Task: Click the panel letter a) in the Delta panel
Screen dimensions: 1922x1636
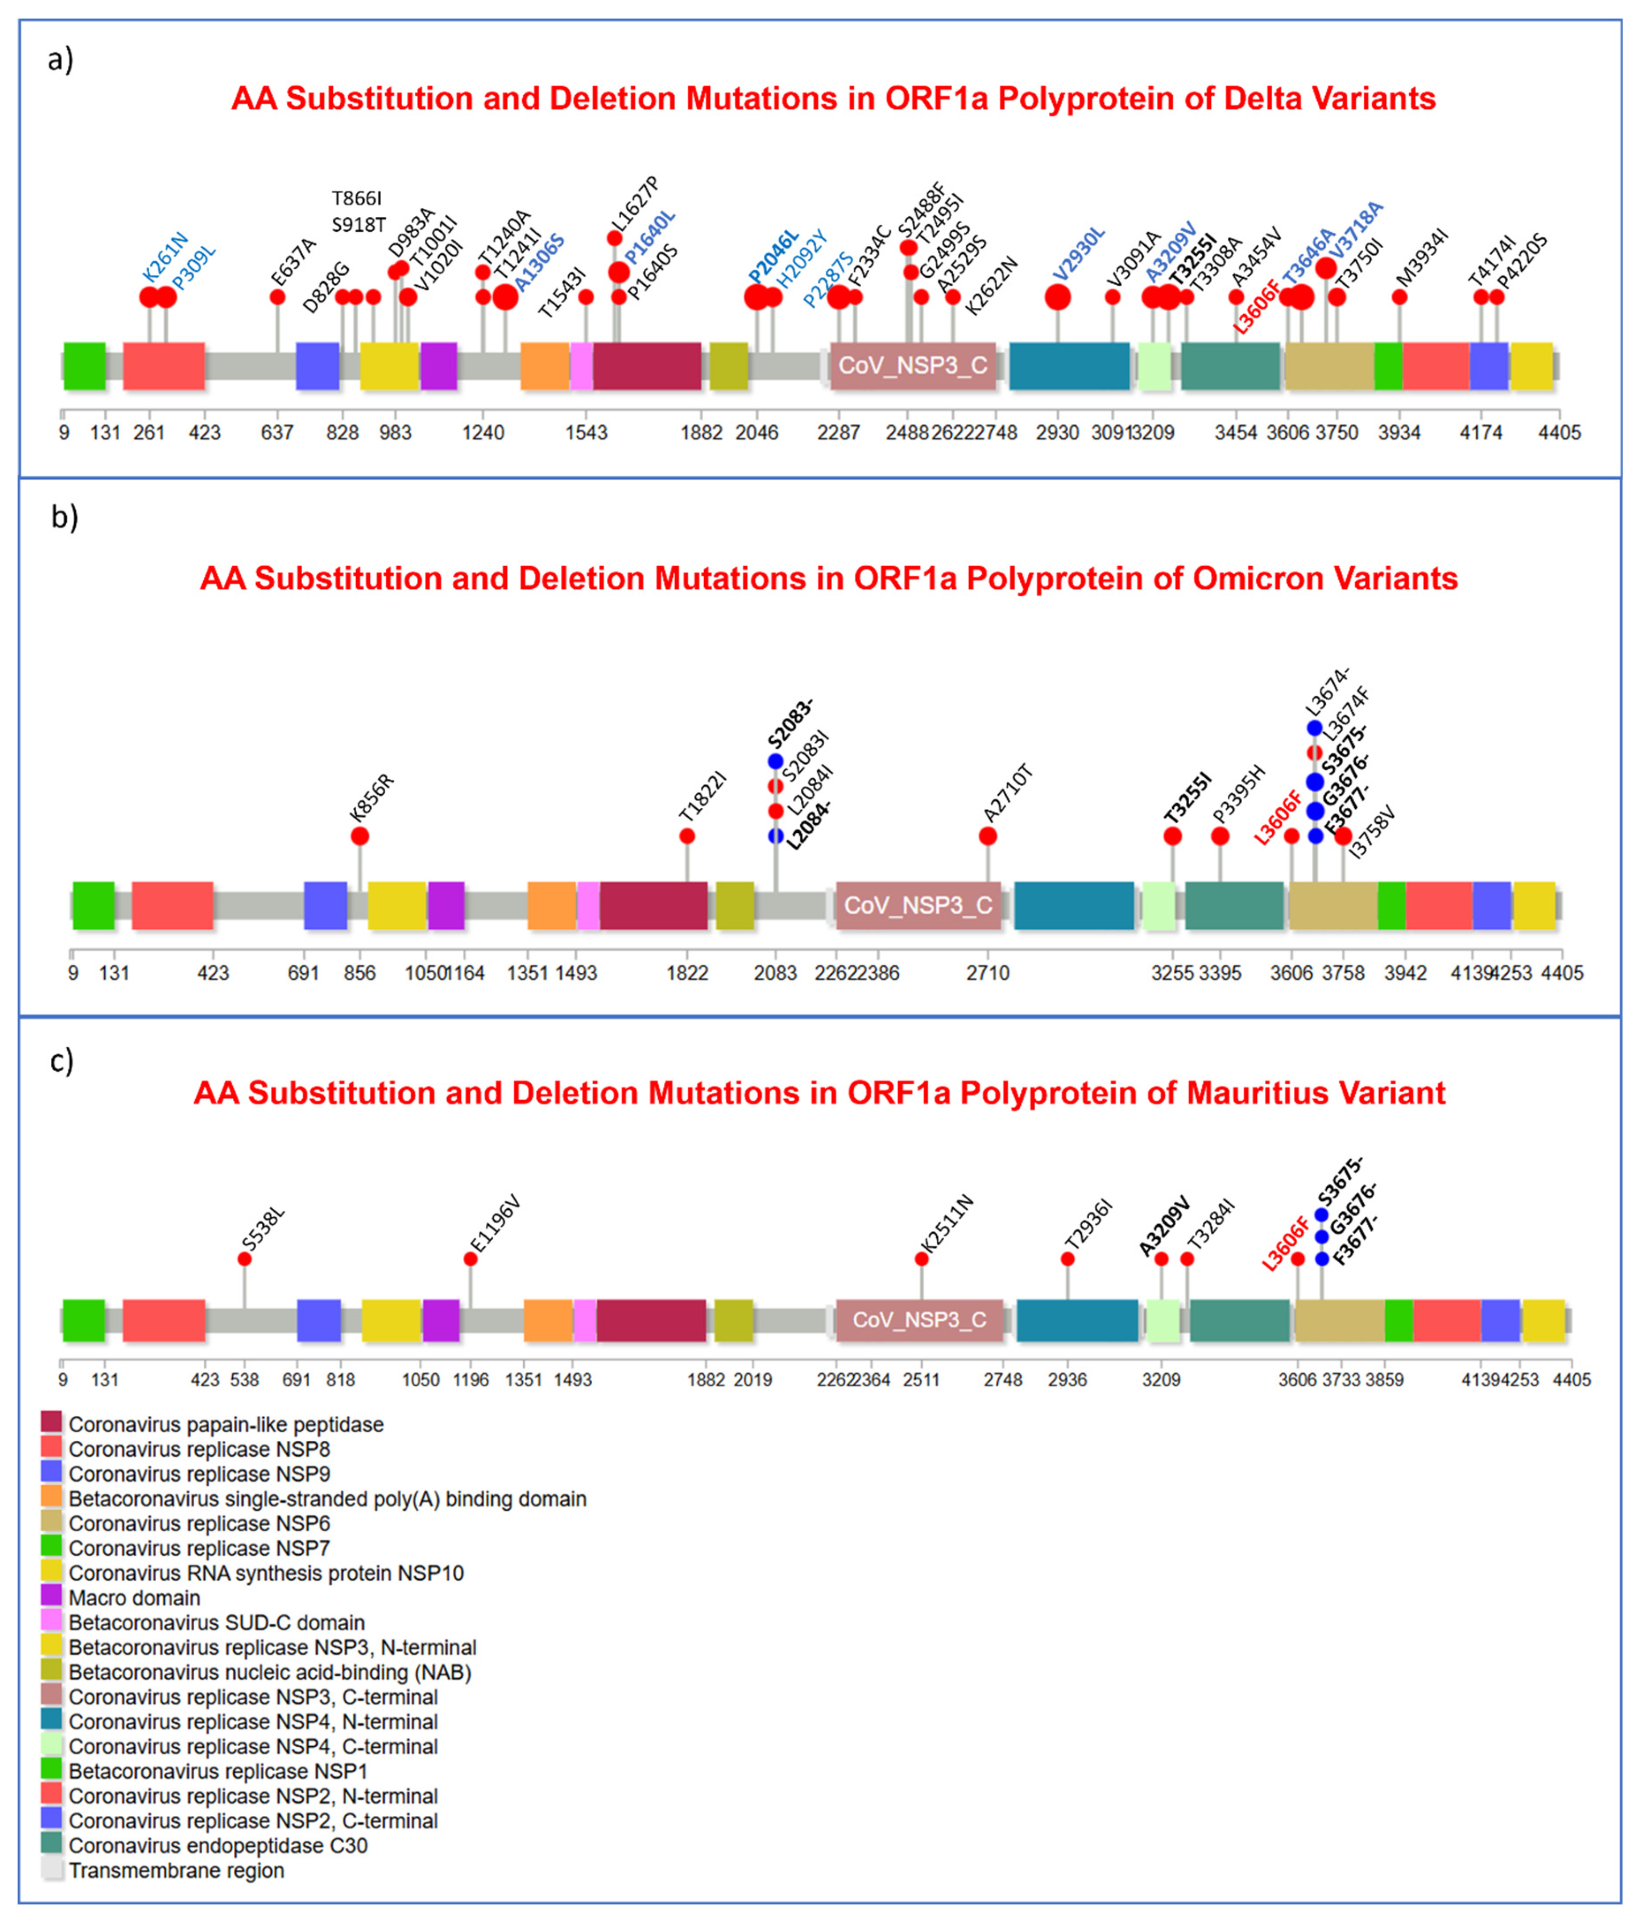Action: (x=60, y=59)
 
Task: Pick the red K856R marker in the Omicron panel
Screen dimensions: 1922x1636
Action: (x=360, y=836)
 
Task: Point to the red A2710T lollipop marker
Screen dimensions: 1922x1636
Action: (x=988, y=836)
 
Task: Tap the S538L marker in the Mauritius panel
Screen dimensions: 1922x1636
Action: (x=245, y=1259)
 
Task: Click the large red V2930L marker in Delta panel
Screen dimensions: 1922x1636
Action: (x=1057, y=296)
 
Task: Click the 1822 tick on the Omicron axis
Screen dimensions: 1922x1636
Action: (x=687, y=972)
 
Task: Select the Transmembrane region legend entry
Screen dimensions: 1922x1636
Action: (x=176, y=1871)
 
